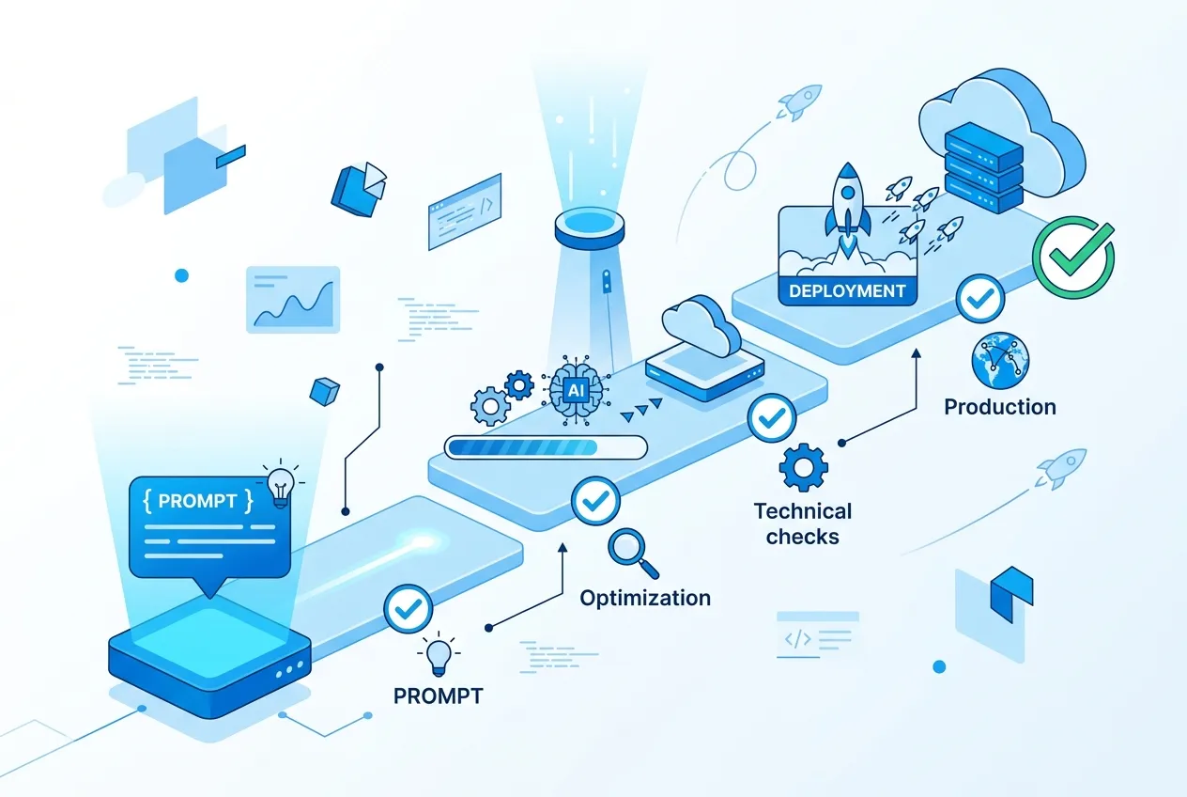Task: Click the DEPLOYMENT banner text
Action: (847, 290)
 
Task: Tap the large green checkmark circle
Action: (1073, 258)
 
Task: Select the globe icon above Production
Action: (1000, 361)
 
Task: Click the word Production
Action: (1000, 407)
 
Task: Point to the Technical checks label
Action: (802, 524)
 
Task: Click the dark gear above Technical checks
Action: (803, 468)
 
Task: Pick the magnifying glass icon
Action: (633, 553)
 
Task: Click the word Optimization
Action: (645, 598)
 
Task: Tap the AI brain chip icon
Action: (576, 390)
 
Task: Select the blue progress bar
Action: (546, 447)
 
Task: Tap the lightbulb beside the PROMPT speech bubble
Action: (281, 484)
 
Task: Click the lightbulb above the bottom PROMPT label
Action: (439, 655)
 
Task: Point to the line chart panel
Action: (293, 300)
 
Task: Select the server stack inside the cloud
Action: (983, 167)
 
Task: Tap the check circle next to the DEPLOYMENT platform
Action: (980, 299)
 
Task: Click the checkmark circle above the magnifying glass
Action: (595, 501)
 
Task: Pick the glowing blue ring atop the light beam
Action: (590, 227)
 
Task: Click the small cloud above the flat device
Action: (701, 325)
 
